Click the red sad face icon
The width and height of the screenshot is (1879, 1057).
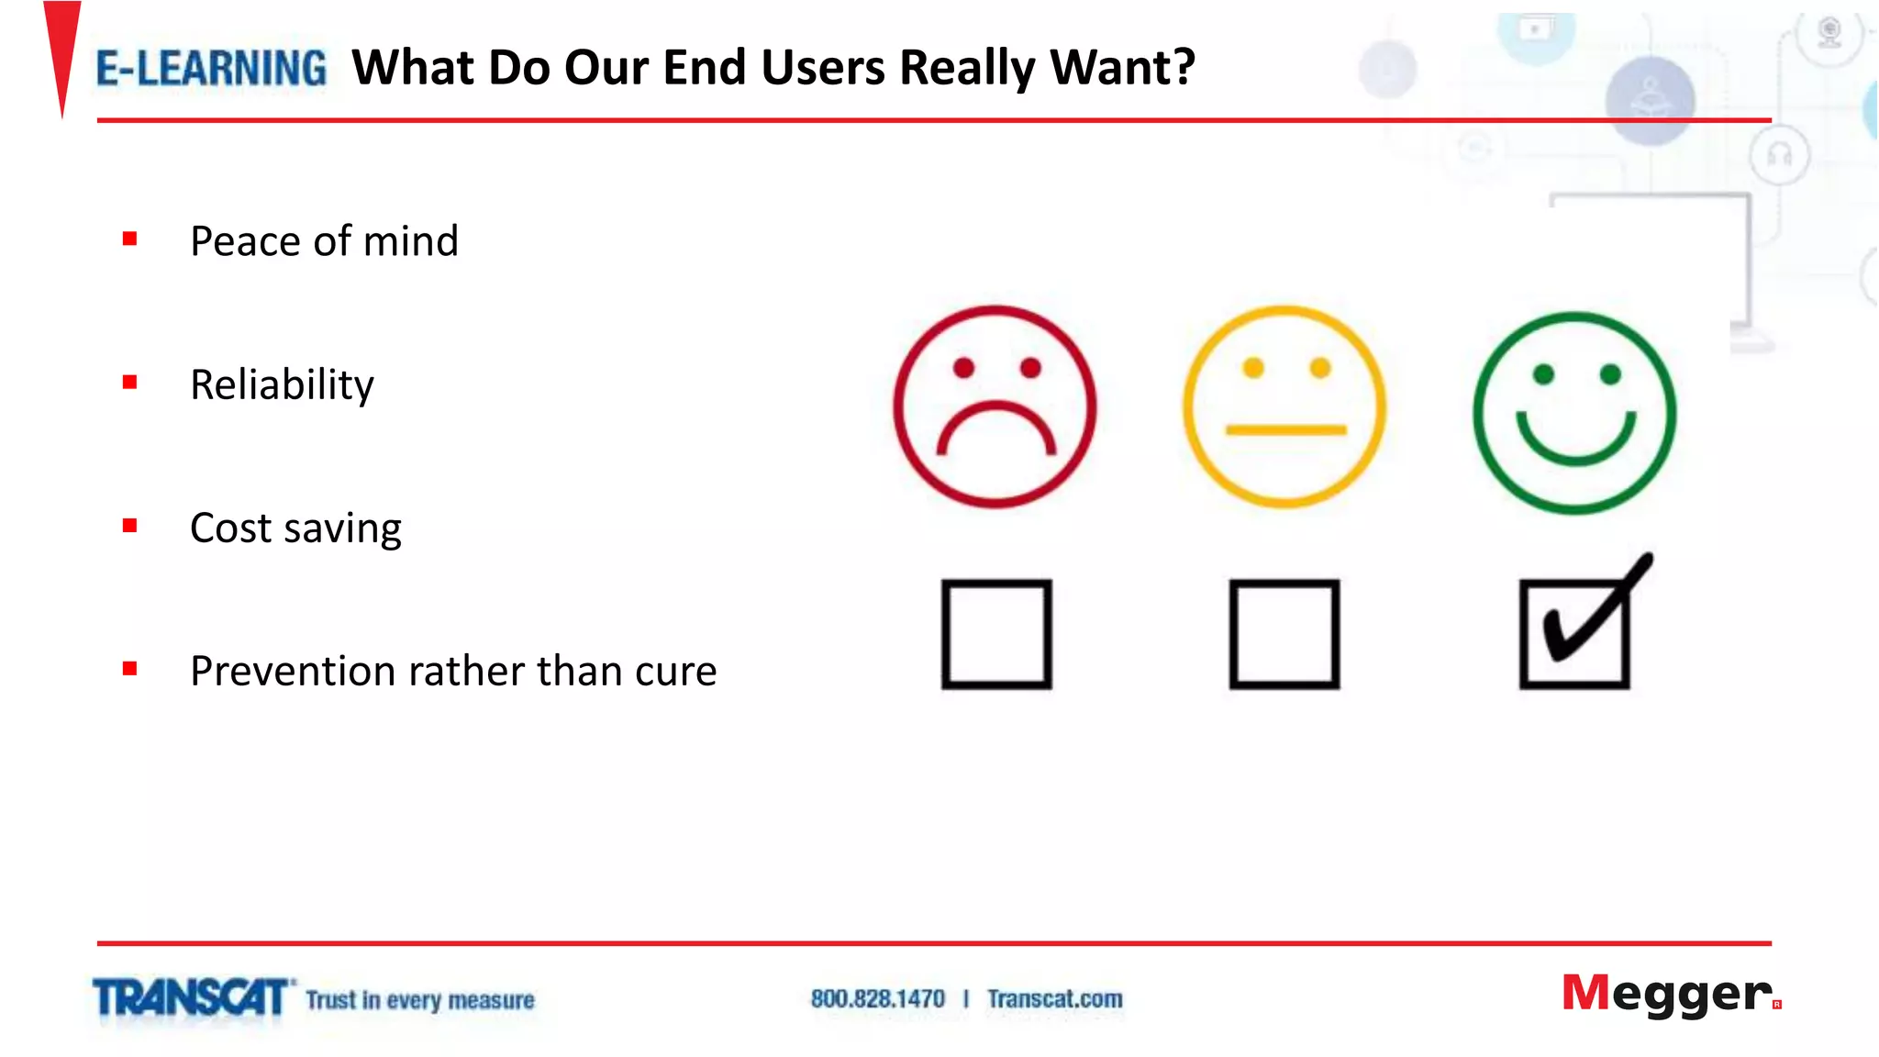[x=995, y=406]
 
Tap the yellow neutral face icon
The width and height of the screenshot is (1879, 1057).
[x=1284, y=406]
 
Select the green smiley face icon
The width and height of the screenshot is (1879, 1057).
[x=1574, y=413]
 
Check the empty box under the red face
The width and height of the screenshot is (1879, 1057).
[x=996, y=633]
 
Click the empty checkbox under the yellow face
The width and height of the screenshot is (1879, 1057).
[x=1284, y=633]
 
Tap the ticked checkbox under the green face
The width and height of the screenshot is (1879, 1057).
[x=1575, y=633]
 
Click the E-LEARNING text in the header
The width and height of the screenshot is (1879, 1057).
[x=211, y=69]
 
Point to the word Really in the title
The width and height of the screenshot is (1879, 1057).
[x=967, y=69]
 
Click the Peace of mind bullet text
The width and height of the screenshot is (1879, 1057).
[x=324, y=241]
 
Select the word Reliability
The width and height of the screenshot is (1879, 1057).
[x=282, y=384]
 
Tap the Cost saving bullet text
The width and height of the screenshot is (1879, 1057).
[x=295, y=528]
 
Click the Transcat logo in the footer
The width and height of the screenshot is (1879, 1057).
[x=191, y=998]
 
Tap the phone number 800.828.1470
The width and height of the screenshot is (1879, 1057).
[x=877, y=999]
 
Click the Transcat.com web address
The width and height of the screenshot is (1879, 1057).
[x=1054, y=999]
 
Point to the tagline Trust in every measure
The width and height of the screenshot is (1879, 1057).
[x=420, y=1000]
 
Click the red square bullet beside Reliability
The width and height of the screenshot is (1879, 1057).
[x=130, y=383]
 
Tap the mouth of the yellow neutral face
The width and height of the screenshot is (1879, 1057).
[x=1285, y=429]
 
